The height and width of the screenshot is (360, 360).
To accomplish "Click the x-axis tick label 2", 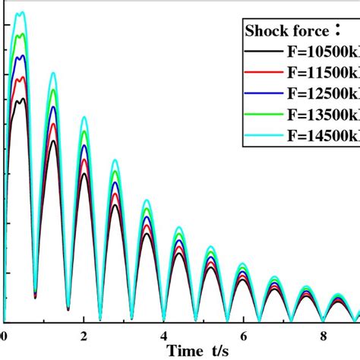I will (84, 335).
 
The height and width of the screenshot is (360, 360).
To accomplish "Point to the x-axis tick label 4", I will (164, 335).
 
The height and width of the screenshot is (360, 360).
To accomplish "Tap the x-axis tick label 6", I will (243, 335).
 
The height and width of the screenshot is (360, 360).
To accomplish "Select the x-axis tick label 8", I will (323, 335).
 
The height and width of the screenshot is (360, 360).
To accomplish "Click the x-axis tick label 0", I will (5, 335).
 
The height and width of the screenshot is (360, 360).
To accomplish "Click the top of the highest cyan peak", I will (22, 12).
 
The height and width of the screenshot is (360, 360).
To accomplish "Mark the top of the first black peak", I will (23, 99).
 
